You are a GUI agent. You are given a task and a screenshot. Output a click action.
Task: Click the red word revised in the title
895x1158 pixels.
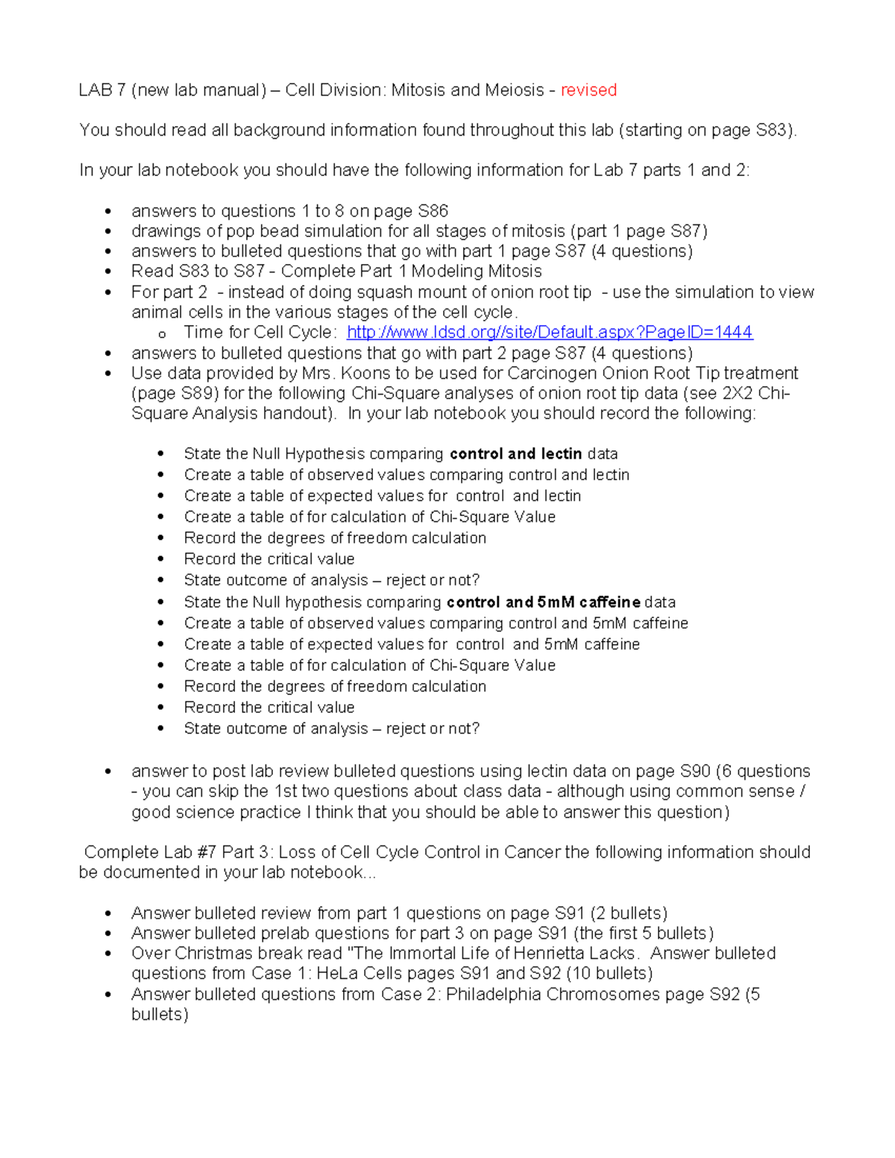pos(588,90)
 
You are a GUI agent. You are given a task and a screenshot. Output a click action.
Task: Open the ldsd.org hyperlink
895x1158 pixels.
pos(550,333)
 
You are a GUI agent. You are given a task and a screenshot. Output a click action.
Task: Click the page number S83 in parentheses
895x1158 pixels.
pos(773,130)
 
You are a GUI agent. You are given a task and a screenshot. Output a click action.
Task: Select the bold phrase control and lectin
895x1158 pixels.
pos(515,454)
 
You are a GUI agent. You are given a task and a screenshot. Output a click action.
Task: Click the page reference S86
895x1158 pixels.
pos(433,212)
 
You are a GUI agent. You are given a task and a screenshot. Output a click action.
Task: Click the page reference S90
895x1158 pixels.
pos(694,772)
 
